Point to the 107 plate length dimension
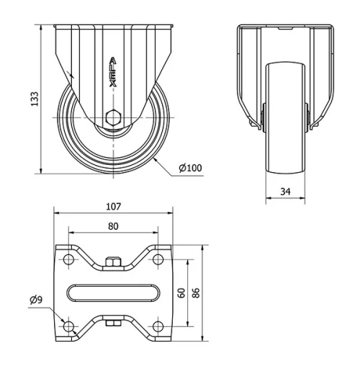point(113,207)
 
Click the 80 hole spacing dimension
point(113,225)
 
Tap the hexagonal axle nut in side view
point(112,117)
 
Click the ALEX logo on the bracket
point(113,72)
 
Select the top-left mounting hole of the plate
point(69,258)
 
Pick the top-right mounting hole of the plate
point(157,258)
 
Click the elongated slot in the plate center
point(113,293)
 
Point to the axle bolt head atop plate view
point(113,262)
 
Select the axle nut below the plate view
point(113,323)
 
